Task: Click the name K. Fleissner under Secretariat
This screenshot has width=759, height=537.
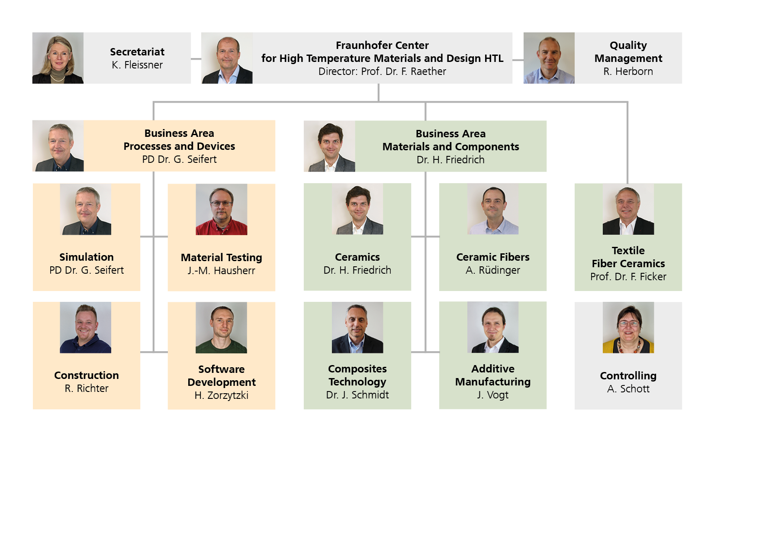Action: [x=137, y=65]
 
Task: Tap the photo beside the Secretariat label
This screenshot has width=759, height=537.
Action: [x=58, y=58]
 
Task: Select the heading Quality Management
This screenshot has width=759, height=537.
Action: [x=628, y=52]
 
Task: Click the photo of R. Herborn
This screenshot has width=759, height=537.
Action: [x=549, y=58]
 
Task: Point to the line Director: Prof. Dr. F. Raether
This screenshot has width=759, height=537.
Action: [x=382, y=71]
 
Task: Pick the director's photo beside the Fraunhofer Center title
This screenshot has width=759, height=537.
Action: [x=227, y=58]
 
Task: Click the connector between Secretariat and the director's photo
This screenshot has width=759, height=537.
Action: [x=196, y=59]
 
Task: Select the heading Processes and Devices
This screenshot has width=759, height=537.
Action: [x=179, y=146]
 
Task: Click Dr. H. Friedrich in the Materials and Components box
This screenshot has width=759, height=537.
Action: [x=450, y=160]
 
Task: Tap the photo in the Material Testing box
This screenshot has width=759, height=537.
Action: [x=222, y=210]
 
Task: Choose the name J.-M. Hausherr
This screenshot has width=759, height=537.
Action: [x=222, y=271]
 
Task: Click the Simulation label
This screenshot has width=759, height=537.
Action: [x=87, y=257]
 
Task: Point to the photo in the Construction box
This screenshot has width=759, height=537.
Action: [x=86, y=327]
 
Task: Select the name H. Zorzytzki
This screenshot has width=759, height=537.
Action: [x=222, y=395]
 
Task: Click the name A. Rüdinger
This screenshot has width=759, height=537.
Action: [x=493, y=270]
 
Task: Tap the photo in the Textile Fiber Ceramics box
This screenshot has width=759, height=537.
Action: [x=628, y=209]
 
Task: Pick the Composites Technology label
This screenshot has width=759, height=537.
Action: [x=357, y=375]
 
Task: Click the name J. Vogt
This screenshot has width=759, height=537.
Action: [x=493, y=395]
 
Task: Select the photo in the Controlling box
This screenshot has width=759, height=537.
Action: [x=628, y=327]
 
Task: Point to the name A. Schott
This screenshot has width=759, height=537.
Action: [x=628, y=389]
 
